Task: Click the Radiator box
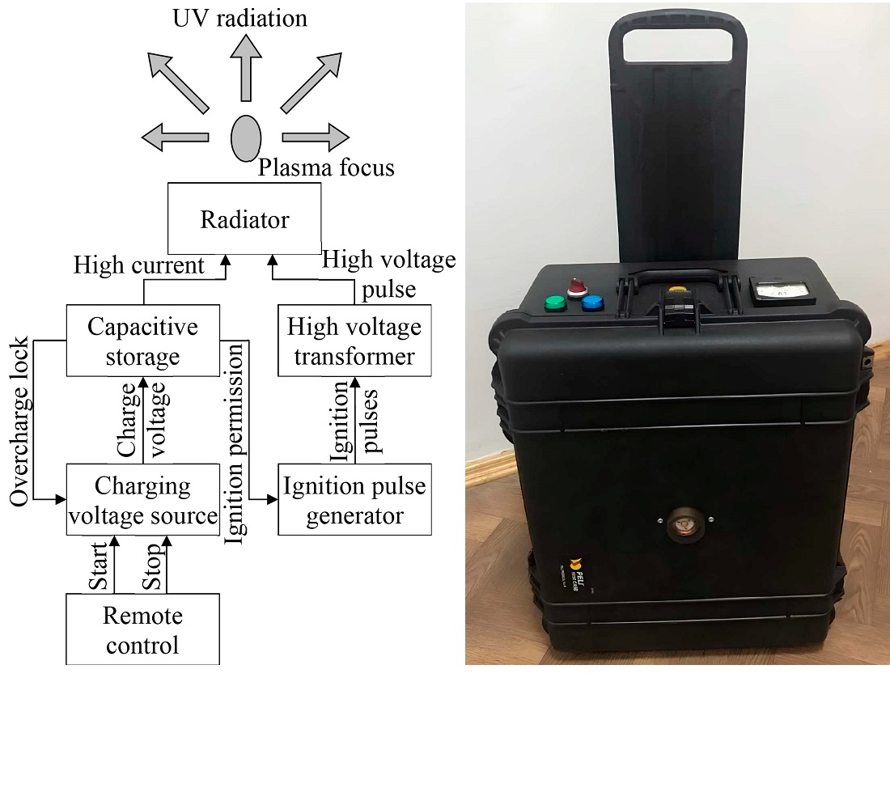[x=244, y=218]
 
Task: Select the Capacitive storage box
[x=142, y=341]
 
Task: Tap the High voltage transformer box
[x=354, y=341]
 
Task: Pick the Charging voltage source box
[x=142, y=499]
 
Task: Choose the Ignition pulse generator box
[x=354, y=499]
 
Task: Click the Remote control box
[x=142, y=629]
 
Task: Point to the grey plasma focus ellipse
[x=246, y=138]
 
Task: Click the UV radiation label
[x=240, y=18]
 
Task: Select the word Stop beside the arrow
[x=151, y=570]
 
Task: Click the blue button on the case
[x=593, y=303]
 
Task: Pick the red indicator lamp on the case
[x=577, y=286]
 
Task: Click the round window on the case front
[x=682, y=524]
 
